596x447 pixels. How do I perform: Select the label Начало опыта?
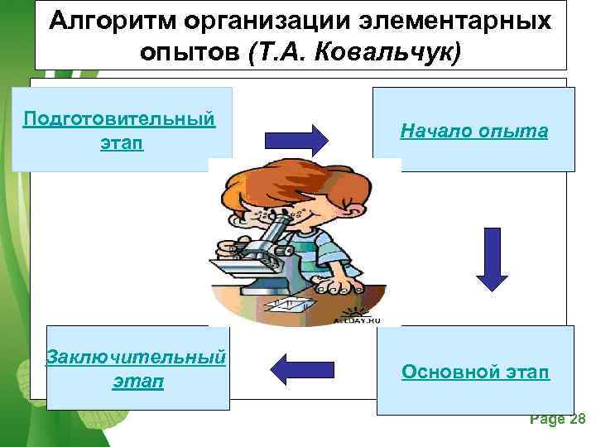[473, 130]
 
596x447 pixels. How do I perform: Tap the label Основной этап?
[475, 372]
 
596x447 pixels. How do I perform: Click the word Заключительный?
[137, 358]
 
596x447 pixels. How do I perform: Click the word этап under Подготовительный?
[121, 142]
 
